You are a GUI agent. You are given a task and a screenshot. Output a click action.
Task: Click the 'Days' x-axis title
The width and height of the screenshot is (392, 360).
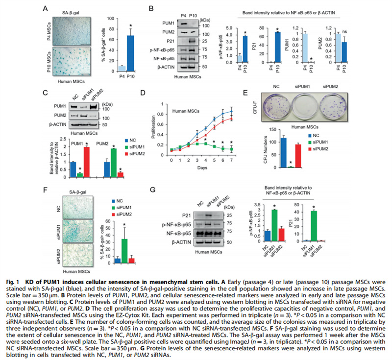pos(202,169)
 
